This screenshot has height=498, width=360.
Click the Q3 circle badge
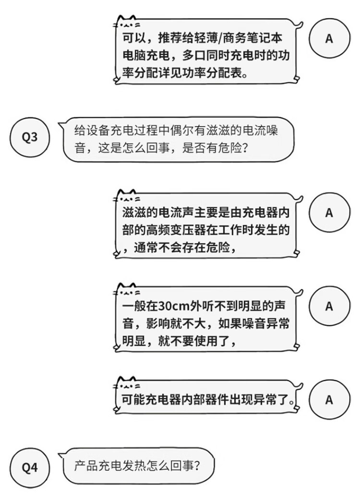[29, 137]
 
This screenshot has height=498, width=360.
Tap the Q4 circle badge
[29, 467]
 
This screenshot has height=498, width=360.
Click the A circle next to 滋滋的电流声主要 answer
[329, 212]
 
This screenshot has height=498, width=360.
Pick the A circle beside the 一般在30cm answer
[329, 306]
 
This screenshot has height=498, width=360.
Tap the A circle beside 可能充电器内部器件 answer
[329, 399]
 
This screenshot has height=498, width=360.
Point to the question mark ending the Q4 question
[197, 466]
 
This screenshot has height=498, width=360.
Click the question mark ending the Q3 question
[245, 148]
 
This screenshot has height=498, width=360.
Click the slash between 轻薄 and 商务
[220, 38]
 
